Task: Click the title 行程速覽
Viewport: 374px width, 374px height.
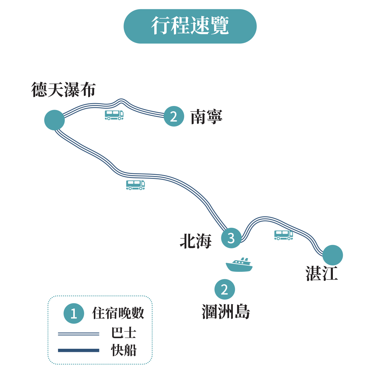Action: [190, 26]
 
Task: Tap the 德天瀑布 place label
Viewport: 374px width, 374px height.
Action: [63, 90]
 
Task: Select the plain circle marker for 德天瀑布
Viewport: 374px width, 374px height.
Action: [55, 120]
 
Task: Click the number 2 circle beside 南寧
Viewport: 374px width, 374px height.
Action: [174, 116]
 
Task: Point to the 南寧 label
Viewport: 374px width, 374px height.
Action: [206, 117]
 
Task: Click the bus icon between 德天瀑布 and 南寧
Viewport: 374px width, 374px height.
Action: [114, 115]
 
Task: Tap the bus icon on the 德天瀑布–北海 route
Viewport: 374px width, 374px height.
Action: [135, 185]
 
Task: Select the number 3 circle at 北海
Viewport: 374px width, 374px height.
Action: [231, 238]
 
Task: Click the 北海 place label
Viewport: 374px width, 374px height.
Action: [196, 241]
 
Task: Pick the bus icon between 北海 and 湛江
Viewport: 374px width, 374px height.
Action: [284, 235]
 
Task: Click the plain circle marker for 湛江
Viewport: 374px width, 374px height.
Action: [333, 255]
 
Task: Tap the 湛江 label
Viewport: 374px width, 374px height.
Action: [322, 273]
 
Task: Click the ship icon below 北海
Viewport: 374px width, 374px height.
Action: [239, 265]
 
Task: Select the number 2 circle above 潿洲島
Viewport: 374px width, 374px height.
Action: [224, 290]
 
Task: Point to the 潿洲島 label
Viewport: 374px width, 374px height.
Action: [226, 311]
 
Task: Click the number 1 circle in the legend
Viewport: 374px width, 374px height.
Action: [74, 313]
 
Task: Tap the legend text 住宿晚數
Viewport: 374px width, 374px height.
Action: [118, 313]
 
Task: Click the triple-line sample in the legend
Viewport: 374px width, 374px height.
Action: [79, 334]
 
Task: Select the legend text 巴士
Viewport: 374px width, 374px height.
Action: [124, 333]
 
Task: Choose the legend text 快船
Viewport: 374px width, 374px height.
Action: [124, 350]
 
